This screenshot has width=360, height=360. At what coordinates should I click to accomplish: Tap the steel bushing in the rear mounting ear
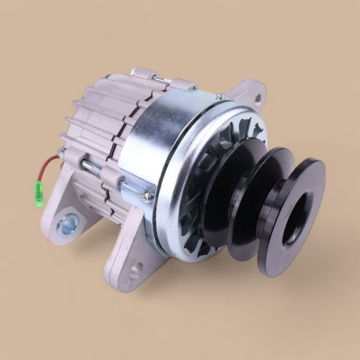(x=68, y=223)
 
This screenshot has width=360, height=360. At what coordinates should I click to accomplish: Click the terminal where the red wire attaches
(x=61, y=153)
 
